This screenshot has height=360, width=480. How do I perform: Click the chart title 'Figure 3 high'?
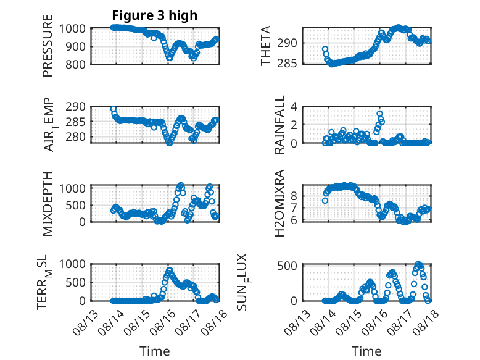tap(155, 15)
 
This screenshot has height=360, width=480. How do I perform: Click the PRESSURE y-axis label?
tap(48, 46)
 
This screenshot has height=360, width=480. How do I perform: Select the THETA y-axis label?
tap(266, 46)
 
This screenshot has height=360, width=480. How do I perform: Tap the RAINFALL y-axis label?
tap(279, 125)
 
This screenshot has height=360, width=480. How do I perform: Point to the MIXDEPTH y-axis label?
tap(48, 204)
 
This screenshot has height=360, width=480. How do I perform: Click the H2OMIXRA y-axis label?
tap(279, 203)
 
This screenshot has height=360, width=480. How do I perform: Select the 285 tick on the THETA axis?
tap(287, 64)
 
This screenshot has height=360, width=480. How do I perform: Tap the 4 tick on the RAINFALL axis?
tap(294, 107)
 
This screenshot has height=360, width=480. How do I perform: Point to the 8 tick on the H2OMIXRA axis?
tap(294, 196)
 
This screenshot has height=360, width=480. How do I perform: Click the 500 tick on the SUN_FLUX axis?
tap(287, 266)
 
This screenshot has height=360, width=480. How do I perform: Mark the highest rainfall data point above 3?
tap(379, 114)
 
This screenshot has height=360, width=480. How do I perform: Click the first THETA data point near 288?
tap(325, 49)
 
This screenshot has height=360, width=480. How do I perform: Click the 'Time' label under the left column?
tap(155, 351)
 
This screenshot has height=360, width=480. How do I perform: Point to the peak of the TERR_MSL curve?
tap(170, 270)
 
